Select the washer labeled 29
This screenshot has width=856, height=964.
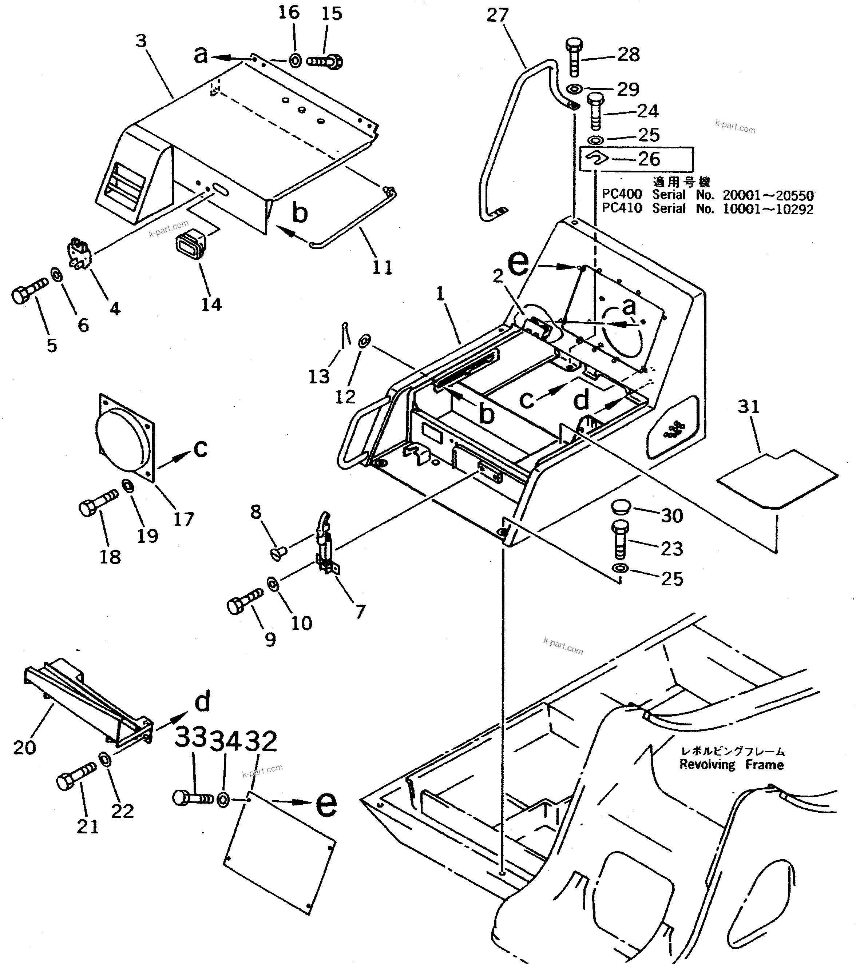574,89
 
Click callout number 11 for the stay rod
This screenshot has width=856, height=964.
382,267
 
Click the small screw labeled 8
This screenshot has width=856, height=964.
279,552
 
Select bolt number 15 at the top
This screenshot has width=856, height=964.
325,61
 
